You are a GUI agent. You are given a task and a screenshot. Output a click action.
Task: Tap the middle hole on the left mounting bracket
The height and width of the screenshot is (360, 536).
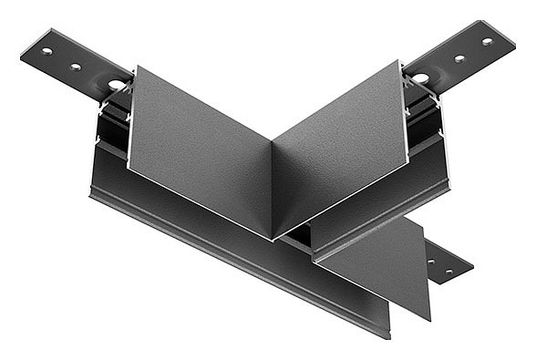pos(76,66)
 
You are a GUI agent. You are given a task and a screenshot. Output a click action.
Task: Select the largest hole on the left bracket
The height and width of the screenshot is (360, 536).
pos(116,85)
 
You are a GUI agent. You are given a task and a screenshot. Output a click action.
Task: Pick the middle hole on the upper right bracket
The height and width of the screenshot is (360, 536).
pos(459,58)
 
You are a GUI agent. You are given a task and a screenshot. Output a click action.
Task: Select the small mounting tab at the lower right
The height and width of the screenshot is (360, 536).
pos(447,264)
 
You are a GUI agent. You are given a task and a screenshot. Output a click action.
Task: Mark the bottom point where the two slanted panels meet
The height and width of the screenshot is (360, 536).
pos(273,239)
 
